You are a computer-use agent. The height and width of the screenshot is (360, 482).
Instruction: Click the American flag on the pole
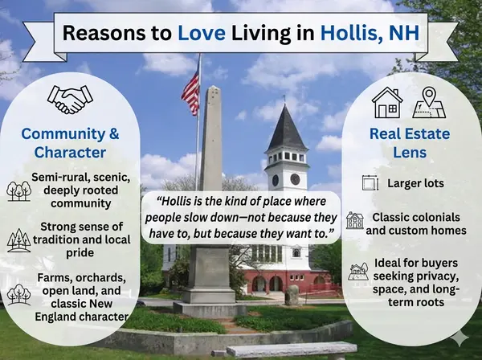click(x=190, y=92)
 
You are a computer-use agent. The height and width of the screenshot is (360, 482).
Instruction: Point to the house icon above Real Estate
click(x=387, y=102)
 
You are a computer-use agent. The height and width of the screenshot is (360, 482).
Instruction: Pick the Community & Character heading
click(x=71, y=142)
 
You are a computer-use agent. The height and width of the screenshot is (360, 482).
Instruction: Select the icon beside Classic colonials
click(x=355, y=220)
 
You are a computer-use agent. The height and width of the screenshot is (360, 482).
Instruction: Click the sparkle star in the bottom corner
click(x=461, y=340)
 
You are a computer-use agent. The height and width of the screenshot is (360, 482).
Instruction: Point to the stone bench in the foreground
click(x=291, y=350)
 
